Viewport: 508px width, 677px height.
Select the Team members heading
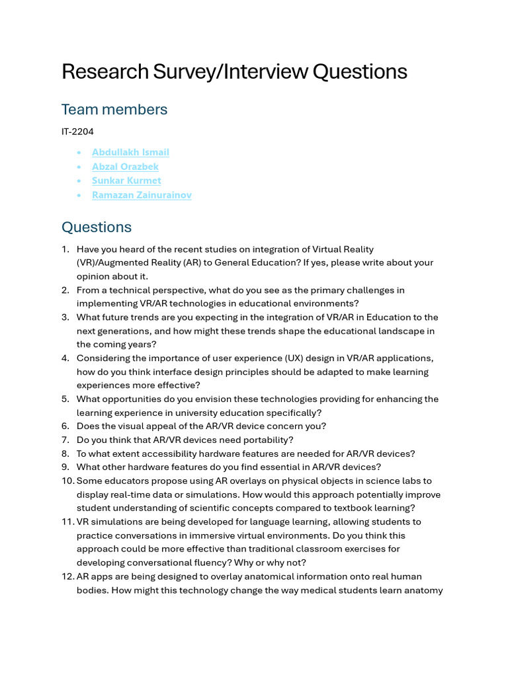coord(114,109)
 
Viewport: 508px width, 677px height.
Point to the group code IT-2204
coord(77,132)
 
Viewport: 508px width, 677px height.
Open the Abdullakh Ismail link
coord(130,152)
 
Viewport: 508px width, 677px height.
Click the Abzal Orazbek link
coord(125,167)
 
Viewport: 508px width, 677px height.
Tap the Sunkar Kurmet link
coord(126,180)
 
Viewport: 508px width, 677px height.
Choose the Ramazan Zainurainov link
coord(142,195)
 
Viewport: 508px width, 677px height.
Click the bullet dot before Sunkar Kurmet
coord(79,181)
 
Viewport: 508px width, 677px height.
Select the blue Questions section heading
coord(97,227)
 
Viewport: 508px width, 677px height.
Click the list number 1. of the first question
coord(65,249)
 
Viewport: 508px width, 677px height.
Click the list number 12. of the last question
coord(67,577)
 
